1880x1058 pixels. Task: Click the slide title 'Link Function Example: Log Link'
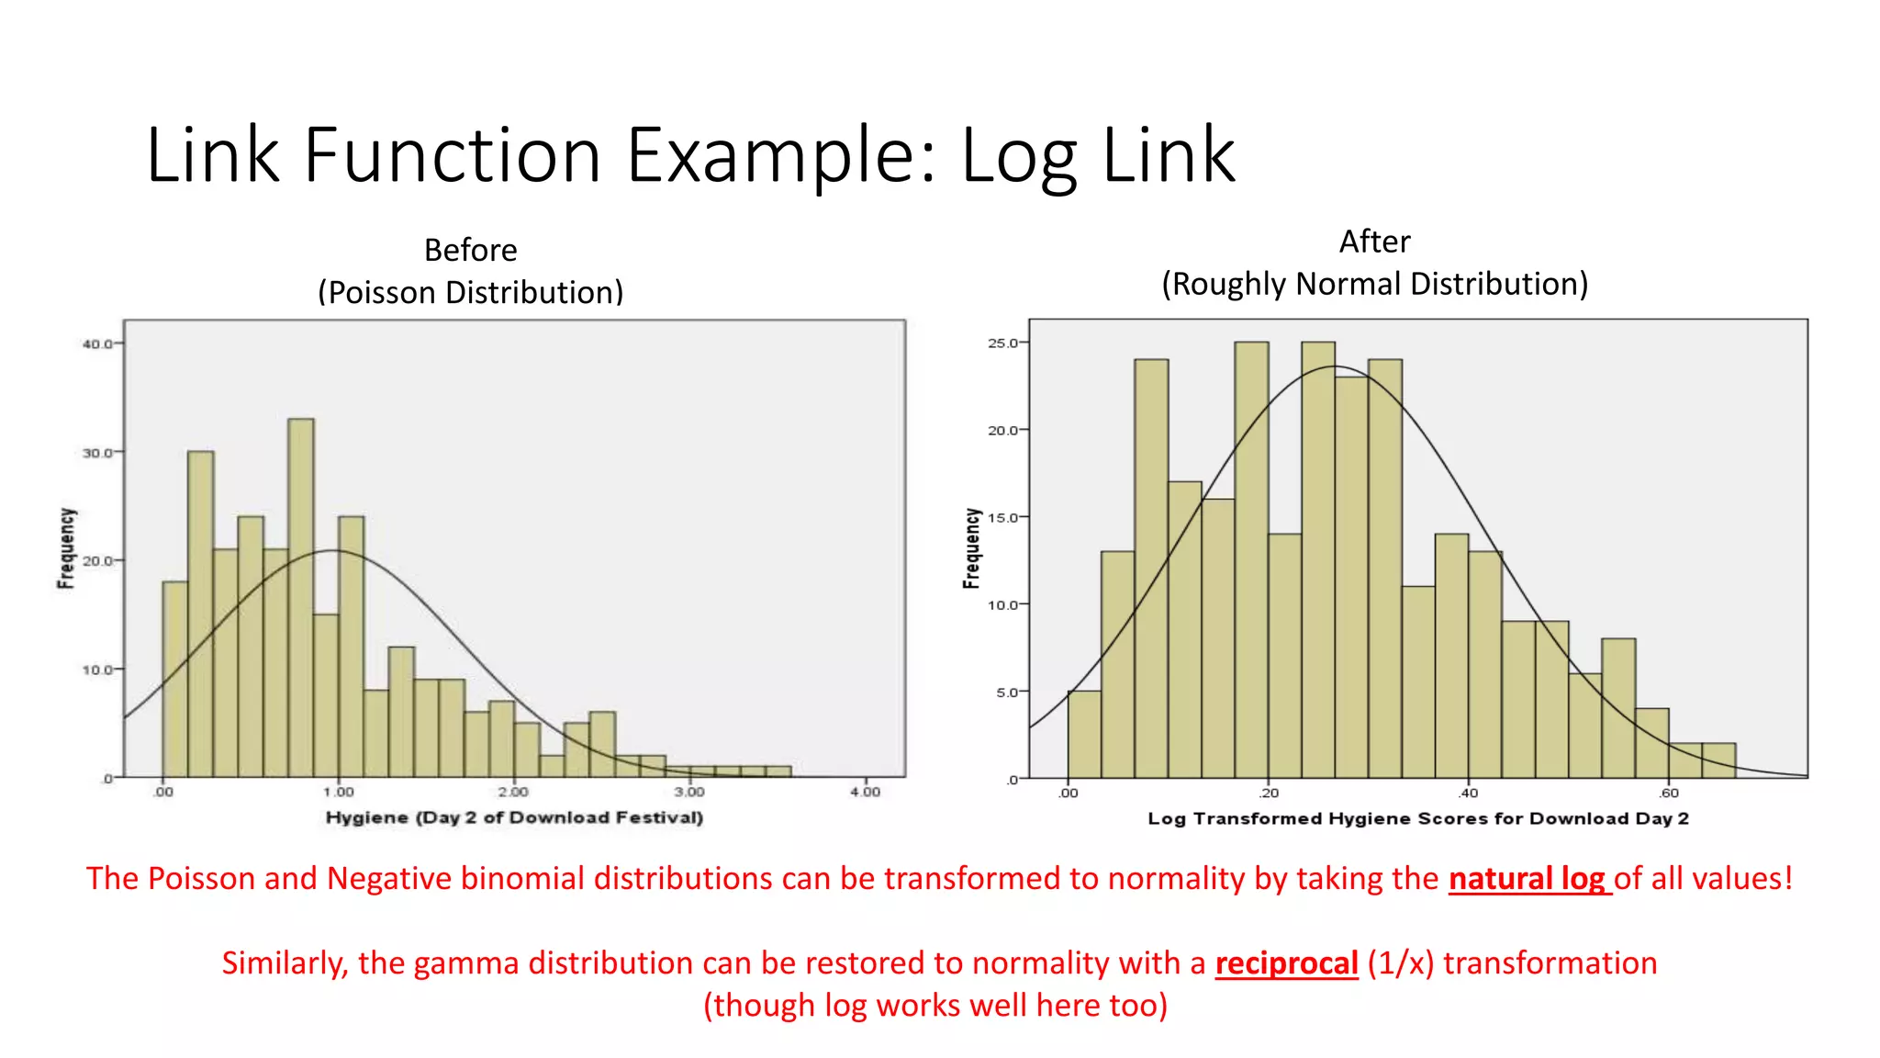[x=690, y=156]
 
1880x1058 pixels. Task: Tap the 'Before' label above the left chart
[x=470, y=250]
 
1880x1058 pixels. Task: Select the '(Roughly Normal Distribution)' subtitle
[x=1374, y=284]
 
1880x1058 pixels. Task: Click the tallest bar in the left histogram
[x=301, y=597]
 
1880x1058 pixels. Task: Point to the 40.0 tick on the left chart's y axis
[x=97, y=344]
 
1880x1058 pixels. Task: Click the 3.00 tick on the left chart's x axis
[x=689, y=792]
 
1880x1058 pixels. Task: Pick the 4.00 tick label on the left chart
[x=865, y=792]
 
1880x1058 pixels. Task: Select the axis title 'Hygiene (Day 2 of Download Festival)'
[x=514, y=817]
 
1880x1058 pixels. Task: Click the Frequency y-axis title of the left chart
[x=66, y=548]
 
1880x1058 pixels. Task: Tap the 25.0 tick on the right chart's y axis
[x=1003, y=343]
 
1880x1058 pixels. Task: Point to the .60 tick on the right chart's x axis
[x=1669, y=793]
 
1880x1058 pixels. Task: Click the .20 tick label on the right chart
[x=1269, y=793]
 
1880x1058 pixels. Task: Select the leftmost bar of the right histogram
[x=1084, y=735]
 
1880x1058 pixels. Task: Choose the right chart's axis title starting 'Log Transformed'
[x=1417, y=818]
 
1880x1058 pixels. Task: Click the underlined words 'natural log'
[x=1529, y=879]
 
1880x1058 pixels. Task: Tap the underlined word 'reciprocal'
[x=1286, y=963]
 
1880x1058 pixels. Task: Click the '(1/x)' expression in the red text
[x=1400, y=963]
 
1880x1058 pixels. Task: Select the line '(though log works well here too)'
[x=935, y=1006]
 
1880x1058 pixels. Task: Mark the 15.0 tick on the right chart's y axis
[x=1003, y=518]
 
